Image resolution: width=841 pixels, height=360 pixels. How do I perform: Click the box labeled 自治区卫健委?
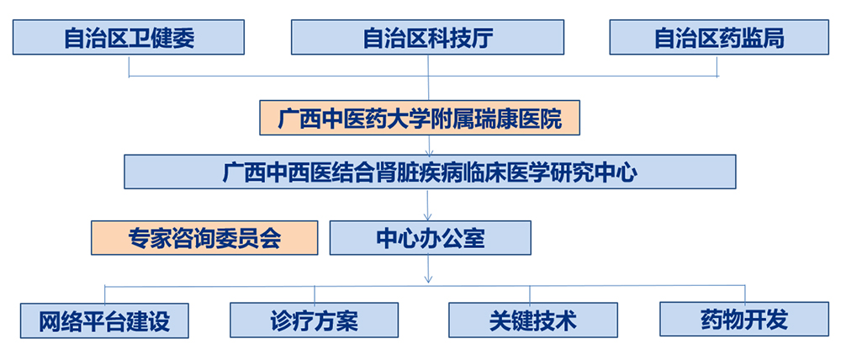129,38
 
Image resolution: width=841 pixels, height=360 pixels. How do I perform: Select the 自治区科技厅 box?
429,38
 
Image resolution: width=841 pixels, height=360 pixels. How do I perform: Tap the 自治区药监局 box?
718,38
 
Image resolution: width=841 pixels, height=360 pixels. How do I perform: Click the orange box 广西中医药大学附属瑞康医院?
420,119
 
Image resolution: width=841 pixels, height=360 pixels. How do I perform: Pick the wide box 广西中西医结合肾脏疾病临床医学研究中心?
430,172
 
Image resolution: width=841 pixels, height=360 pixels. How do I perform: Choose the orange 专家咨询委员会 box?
204,238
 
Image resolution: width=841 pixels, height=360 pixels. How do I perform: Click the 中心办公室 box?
430,238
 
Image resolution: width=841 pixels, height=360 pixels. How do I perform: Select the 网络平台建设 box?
104,320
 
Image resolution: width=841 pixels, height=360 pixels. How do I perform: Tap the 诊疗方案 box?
314,320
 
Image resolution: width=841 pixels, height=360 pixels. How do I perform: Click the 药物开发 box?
743,320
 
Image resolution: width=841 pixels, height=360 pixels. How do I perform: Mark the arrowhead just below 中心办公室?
430,278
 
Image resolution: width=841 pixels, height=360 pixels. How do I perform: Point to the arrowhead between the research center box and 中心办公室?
430,215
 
